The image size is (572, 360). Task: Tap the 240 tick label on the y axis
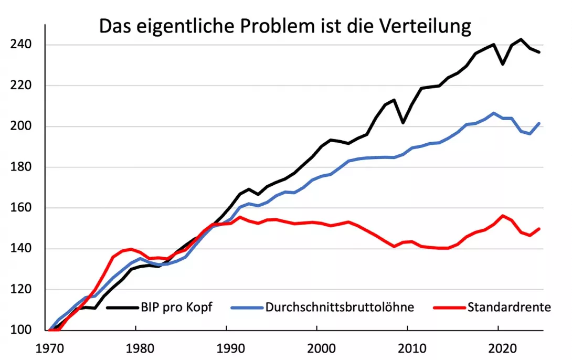point(21,45)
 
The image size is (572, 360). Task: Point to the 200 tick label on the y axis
point(21,126)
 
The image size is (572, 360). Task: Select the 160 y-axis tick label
point(21,207)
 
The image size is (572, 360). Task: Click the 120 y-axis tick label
point(21,289)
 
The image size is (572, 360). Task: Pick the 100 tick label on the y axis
point(21,330)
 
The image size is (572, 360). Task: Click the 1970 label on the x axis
point(50,348)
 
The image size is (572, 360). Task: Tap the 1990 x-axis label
point(230,348)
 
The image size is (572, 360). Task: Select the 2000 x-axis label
point(321,348)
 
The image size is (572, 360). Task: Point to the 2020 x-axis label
point(503,348)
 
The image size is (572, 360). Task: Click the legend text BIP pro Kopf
point(176,308)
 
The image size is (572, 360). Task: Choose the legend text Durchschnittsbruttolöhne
point(340,308)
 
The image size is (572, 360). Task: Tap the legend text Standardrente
point(509,307)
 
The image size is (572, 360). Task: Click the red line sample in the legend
point(449,308)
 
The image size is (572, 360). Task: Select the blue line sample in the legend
point(247,308)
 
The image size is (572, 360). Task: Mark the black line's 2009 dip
point(403,123)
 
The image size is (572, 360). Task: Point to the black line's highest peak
point(521,39)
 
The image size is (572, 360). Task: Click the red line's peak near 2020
point(503,216)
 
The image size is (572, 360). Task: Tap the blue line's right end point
point(539,123)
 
